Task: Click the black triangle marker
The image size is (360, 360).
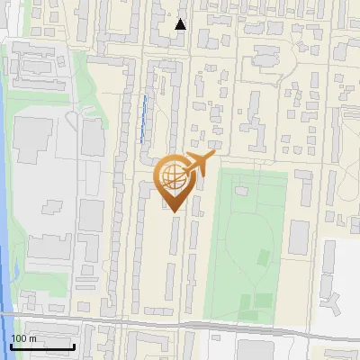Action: point(181,24)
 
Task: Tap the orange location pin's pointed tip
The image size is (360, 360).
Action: point(172,212)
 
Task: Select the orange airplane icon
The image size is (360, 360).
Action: point(197,165)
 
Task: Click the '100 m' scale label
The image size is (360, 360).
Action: point(23,338)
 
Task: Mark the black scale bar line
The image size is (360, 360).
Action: point(42,346)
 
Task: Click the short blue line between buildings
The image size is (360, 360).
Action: point(144,118)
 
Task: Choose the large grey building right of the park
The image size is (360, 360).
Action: point(299,237)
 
